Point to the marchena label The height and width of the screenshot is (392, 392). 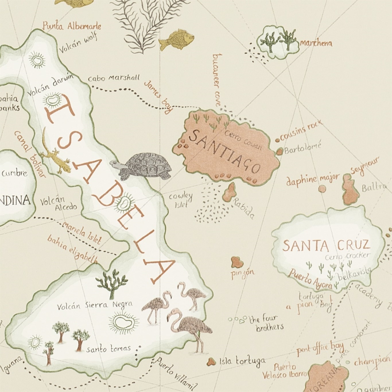coord(316,43)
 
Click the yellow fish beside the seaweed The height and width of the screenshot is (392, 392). coord(176,40)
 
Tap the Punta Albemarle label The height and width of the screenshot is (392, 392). coord(72,26)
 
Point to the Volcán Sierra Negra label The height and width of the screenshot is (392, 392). coord(95,305)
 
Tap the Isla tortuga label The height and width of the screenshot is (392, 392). coord(242,361)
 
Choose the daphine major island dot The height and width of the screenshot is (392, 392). coord(322,189)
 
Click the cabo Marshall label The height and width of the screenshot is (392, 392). coord(114,78)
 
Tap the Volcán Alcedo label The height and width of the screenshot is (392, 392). coord(59,203)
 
